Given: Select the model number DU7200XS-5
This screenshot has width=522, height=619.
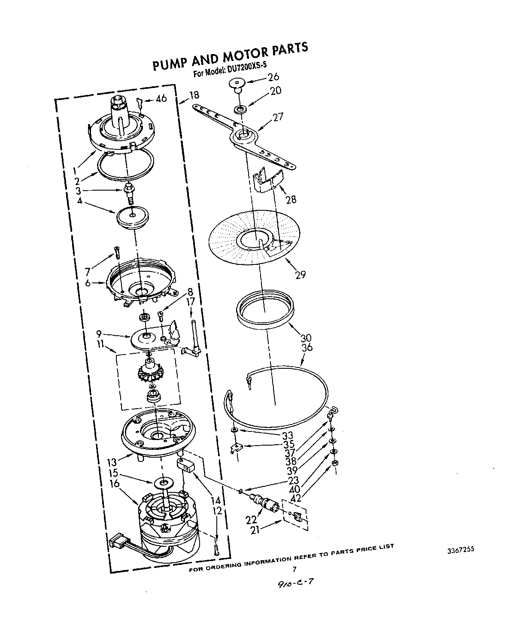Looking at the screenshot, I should pyautogui.click(x=247, y=68).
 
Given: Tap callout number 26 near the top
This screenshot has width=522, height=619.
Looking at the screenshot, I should pyautogui.click(x=273, y=77).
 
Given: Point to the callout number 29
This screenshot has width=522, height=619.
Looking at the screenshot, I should pyautogui.click(x=300, y=274).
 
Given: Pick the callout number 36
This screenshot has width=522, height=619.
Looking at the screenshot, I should pyautogui.click(x=307, y=348).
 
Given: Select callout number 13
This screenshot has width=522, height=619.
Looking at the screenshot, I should pyautogui.click(x=112, y=462).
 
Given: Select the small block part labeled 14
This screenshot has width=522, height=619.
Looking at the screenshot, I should pyautogui.click(x=186, y=465).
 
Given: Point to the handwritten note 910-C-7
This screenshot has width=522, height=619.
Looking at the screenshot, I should pyautogui.click(x=294, y=586).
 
